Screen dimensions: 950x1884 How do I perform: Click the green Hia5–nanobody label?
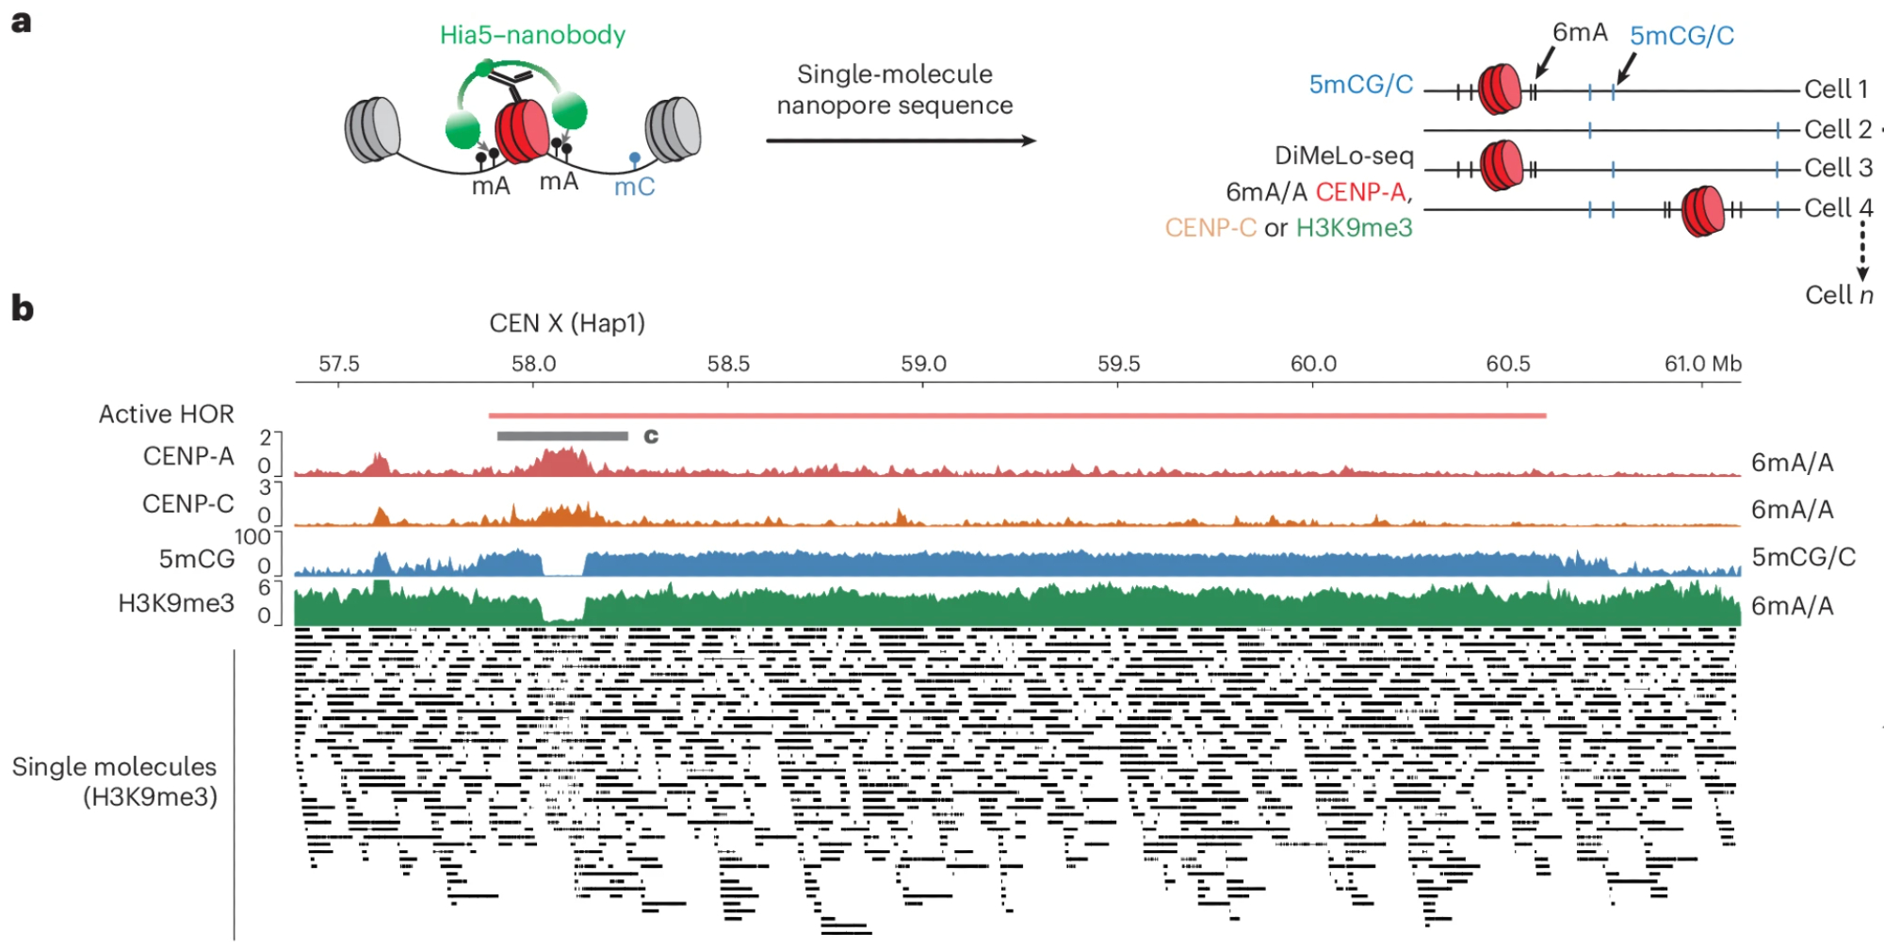click(x=532, y=35)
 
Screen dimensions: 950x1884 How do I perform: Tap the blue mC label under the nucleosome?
click(x=634, y=187)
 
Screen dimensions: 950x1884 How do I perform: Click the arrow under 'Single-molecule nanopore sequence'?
click(x=901, y=140)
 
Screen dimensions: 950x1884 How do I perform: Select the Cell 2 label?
click(x=1838, y=129)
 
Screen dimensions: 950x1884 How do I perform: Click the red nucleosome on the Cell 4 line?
click(x=1702, y=210)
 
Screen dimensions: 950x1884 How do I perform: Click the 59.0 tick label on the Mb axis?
click(x=923, y=364)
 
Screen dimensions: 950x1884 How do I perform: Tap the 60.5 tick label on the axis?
click(x=1508, y=364)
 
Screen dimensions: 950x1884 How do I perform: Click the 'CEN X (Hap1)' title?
click(x=567, y=323)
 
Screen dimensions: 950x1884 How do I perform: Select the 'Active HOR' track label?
click(x=167, y=414)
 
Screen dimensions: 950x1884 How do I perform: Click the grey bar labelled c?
click(x=562, y=435)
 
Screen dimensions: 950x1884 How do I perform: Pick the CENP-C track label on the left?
click(x=188, y=504)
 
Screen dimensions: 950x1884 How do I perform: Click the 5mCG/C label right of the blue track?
click(x=1803, y=557)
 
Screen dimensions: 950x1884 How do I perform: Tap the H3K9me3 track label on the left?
click(x=176, y=603)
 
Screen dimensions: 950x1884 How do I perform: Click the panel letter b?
click(x=22, y=308)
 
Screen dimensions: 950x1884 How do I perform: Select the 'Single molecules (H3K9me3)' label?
click(x=115, y=781)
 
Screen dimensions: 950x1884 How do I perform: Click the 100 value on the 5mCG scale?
click(x=252, y=537)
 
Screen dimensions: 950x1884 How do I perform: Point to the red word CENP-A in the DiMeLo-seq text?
click(x=1360, y=192)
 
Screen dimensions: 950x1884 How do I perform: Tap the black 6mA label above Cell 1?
click(x=1580, y=33)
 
